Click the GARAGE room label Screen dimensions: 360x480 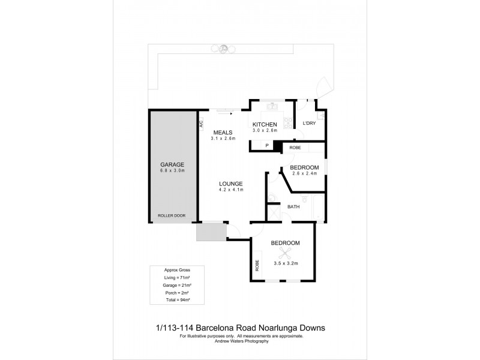(x=172, y=164)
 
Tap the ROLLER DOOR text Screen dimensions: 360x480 (x=172, y=215)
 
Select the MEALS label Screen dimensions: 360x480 (x=223, y=132)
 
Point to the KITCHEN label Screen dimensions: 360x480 (x=264, y=124)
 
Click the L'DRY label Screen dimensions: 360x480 (x=309, y=124)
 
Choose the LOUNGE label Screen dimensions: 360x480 (x=230, y=184)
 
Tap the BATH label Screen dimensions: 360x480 (x=293, y=207)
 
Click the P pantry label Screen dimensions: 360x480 (x=267, y=146)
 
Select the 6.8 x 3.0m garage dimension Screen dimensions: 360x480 (x=172, y=171)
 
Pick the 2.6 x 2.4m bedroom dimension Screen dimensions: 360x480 (x=304, y=174)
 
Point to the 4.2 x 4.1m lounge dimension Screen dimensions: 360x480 (x=230, y=190)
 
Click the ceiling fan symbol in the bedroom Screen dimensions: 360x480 (x=286, y=253)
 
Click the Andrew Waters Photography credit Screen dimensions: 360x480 (x=240, y=341)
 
